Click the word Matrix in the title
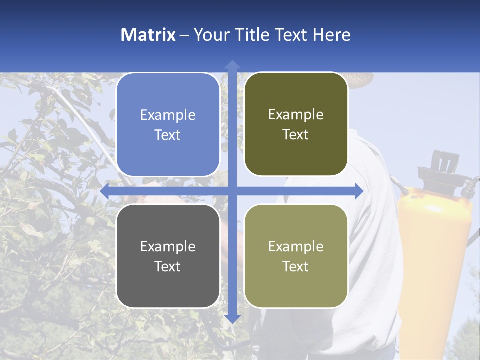point(148,34)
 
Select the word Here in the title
point(332,34)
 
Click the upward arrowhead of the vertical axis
point(232,65)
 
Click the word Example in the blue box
point(168,115)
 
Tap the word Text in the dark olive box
point(296,135)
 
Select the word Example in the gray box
point(168,246)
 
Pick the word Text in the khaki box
point(296,266)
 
